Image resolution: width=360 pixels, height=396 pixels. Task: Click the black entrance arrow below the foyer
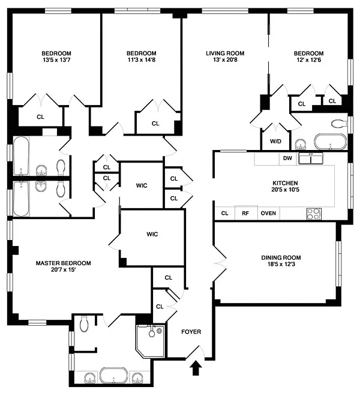[x=196, y=368]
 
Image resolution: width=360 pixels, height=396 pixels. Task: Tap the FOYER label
[x=191, y=332]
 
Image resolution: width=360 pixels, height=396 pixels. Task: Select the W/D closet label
[x=275, y=141]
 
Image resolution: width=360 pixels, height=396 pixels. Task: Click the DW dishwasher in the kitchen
[x=287, y=158]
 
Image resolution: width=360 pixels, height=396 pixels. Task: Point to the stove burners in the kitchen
[x=314, y=214]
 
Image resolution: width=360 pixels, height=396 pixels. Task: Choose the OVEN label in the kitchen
[x=268, y=213]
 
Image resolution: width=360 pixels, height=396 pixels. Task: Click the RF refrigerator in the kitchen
[x=245, y=213]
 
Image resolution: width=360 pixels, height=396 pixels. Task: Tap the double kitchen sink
[x=311, y=158]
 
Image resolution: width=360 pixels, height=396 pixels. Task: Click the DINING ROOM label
[x=281, y=257]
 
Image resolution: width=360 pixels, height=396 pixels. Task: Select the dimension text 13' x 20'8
[x=225, y=60]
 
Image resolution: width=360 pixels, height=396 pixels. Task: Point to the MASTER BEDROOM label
[x=64, y=263]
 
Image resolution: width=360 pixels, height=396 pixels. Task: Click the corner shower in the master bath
[x=151, y=341]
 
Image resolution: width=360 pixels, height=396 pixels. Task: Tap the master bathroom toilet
[x=83, y=324]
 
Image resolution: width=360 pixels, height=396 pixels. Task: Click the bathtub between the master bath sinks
[x=113, y=375]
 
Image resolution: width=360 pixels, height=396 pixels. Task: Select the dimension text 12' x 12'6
[x=309, y=60]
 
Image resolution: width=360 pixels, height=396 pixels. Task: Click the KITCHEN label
[x=285, y=183]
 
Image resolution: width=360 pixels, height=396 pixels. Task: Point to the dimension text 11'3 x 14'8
[x=142, y=60]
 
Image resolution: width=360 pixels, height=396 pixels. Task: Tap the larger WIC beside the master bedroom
[x=152, y=234]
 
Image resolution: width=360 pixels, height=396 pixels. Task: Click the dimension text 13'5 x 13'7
[x=56, y=60]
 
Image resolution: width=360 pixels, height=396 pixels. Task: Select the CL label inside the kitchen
[x=224, y=213]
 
